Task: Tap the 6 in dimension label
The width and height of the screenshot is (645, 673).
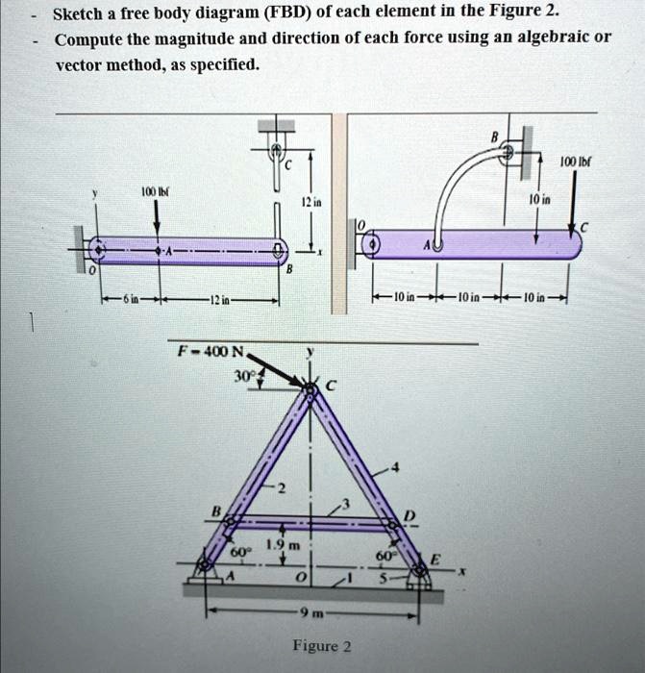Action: (127, 300)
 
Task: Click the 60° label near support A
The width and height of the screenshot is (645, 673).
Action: (238, 551)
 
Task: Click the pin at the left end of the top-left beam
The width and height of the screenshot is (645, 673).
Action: (95, 251)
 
